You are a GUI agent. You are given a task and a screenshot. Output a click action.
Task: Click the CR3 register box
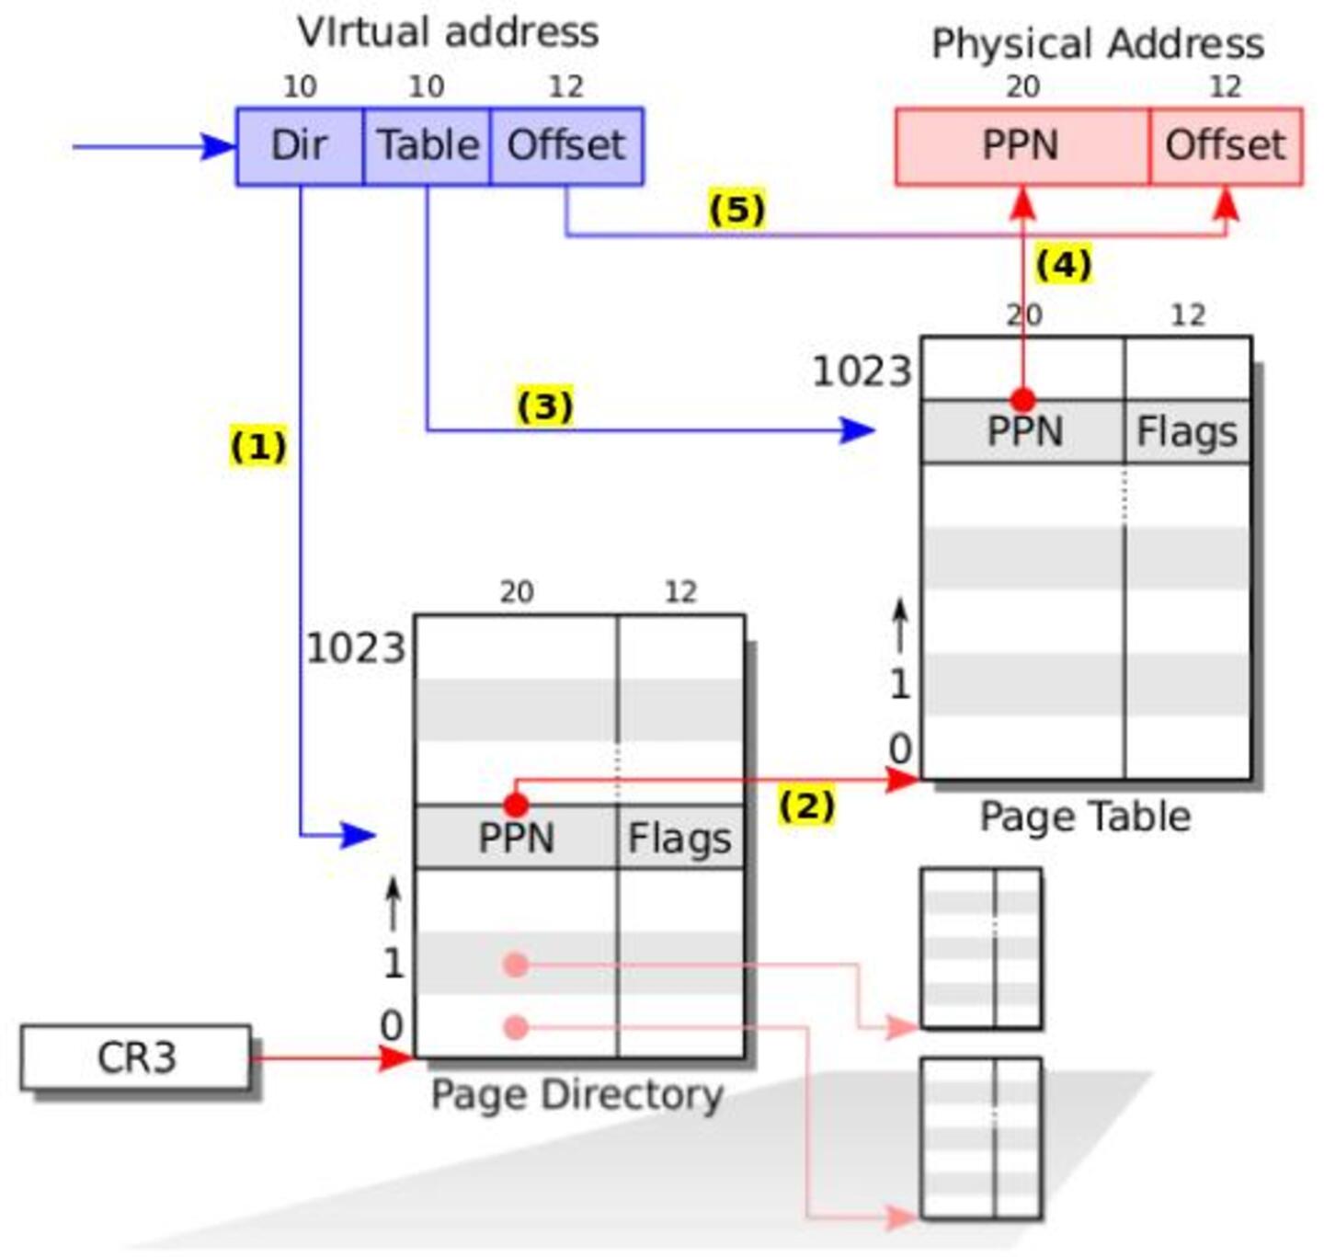coord(136,1057)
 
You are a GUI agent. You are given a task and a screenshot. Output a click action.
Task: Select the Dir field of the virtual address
coord(300,145)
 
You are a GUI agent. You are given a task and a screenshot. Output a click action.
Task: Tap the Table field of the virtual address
coord(428,145)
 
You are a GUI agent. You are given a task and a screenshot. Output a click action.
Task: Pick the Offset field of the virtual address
coord(566,145)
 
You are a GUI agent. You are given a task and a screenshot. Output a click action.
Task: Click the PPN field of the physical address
coord(1022,145)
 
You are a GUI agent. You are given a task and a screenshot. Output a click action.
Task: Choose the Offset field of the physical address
coord(1226,145)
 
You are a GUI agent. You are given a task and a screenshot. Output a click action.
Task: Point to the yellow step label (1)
coord(258,447)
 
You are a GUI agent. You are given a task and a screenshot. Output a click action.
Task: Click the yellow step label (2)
coord(806,806)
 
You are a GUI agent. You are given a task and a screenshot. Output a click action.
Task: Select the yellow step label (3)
coord(545,406)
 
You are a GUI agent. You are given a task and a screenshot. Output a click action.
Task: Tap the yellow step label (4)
coord(1064,264)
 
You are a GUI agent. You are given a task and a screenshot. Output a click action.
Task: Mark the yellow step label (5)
coord(736,209)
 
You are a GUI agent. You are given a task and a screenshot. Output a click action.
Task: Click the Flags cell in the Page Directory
coord(680,838)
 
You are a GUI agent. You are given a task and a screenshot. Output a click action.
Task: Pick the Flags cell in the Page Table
coord(1187,431)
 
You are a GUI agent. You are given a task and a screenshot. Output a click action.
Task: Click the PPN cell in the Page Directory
coord(516,838)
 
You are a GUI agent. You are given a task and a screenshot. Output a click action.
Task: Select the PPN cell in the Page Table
coord(1023,431)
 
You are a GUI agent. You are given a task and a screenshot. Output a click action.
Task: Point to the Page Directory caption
coord(577,1094)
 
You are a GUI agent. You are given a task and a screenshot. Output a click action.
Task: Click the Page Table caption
coord(1085,817)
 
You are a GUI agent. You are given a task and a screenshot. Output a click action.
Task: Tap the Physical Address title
coord(1098,43)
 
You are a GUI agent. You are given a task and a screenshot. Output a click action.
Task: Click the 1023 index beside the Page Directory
coord(355,648)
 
